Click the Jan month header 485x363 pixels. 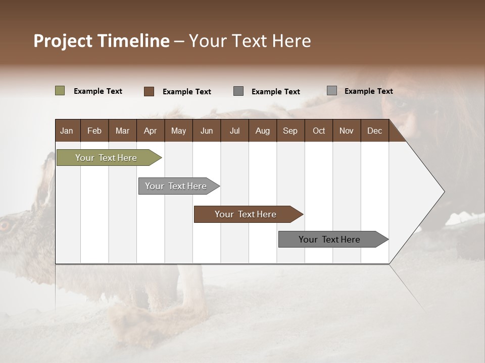(x=67, y=131)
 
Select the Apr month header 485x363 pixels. (x=150, y=131)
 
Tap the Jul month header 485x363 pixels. (x=234, y=131)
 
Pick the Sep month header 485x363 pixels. (x=290, y=131)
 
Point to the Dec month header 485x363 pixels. (x=374, y=131)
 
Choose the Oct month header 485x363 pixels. (x=319, y=131)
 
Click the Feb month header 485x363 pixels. (x=94, y=131)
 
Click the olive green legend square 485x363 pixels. (x=60, y=91)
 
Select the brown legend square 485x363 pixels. (x=149, y=91)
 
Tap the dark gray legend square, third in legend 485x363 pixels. (x=238, y=91)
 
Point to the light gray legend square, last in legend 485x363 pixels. (x=331, y=91)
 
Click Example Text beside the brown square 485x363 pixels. (x=186, y=92)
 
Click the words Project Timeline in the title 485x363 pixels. (x=102, y=41)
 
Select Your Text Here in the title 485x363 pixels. (x=250, y=41)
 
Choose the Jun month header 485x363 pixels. (x=206, y=131)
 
